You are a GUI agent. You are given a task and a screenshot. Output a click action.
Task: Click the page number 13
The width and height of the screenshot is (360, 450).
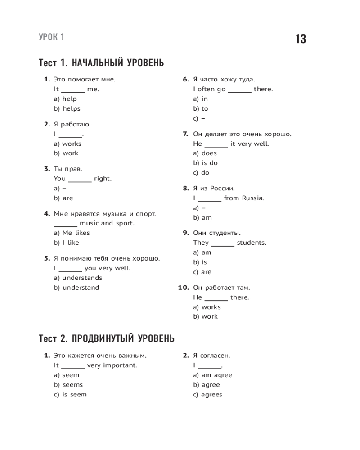click(301, 39)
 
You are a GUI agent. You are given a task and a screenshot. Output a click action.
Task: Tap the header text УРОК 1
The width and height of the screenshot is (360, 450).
click(52, 37)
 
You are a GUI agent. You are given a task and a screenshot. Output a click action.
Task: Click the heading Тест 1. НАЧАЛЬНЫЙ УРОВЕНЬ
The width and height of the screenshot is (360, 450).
click(101, 63)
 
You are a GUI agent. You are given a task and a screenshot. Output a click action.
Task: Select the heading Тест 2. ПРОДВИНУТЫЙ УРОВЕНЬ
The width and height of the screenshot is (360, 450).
click(107, 338)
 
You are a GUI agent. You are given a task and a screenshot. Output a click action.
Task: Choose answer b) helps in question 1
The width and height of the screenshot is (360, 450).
click(67, 108)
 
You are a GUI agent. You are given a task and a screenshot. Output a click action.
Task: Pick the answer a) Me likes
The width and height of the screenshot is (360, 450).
click(72, 233)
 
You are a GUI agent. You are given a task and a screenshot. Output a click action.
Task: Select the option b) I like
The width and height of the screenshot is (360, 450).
click(66, 243)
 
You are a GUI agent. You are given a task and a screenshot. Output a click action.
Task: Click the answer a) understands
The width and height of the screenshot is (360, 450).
click(78, 278)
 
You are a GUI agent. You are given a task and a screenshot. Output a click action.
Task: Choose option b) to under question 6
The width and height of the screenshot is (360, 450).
click(201, 108)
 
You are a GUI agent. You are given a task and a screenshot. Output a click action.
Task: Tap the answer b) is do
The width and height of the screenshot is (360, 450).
click(205, 163)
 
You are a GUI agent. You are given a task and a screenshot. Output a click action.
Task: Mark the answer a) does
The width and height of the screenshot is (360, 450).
click(205, 153)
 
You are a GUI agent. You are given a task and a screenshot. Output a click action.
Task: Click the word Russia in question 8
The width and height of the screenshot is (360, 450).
click(253, 198)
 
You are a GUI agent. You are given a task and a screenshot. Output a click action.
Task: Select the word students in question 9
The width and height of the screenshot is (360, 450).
click(252, 243)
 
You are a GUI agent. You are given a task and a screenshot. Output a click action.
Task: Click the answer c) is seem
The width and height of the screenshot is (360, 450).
click(70, 394)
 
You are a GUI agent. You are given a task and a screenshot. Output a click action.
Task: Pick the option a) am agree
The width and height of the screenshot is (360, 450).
click(212, 375)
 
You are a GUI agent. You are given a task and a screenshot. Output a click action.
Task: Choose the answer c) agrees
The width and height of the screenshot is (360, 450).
click(207, 394)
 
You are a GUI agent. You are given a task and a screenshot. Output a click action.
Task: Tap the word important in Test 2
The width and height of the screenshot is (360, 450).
click(120, 365)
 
